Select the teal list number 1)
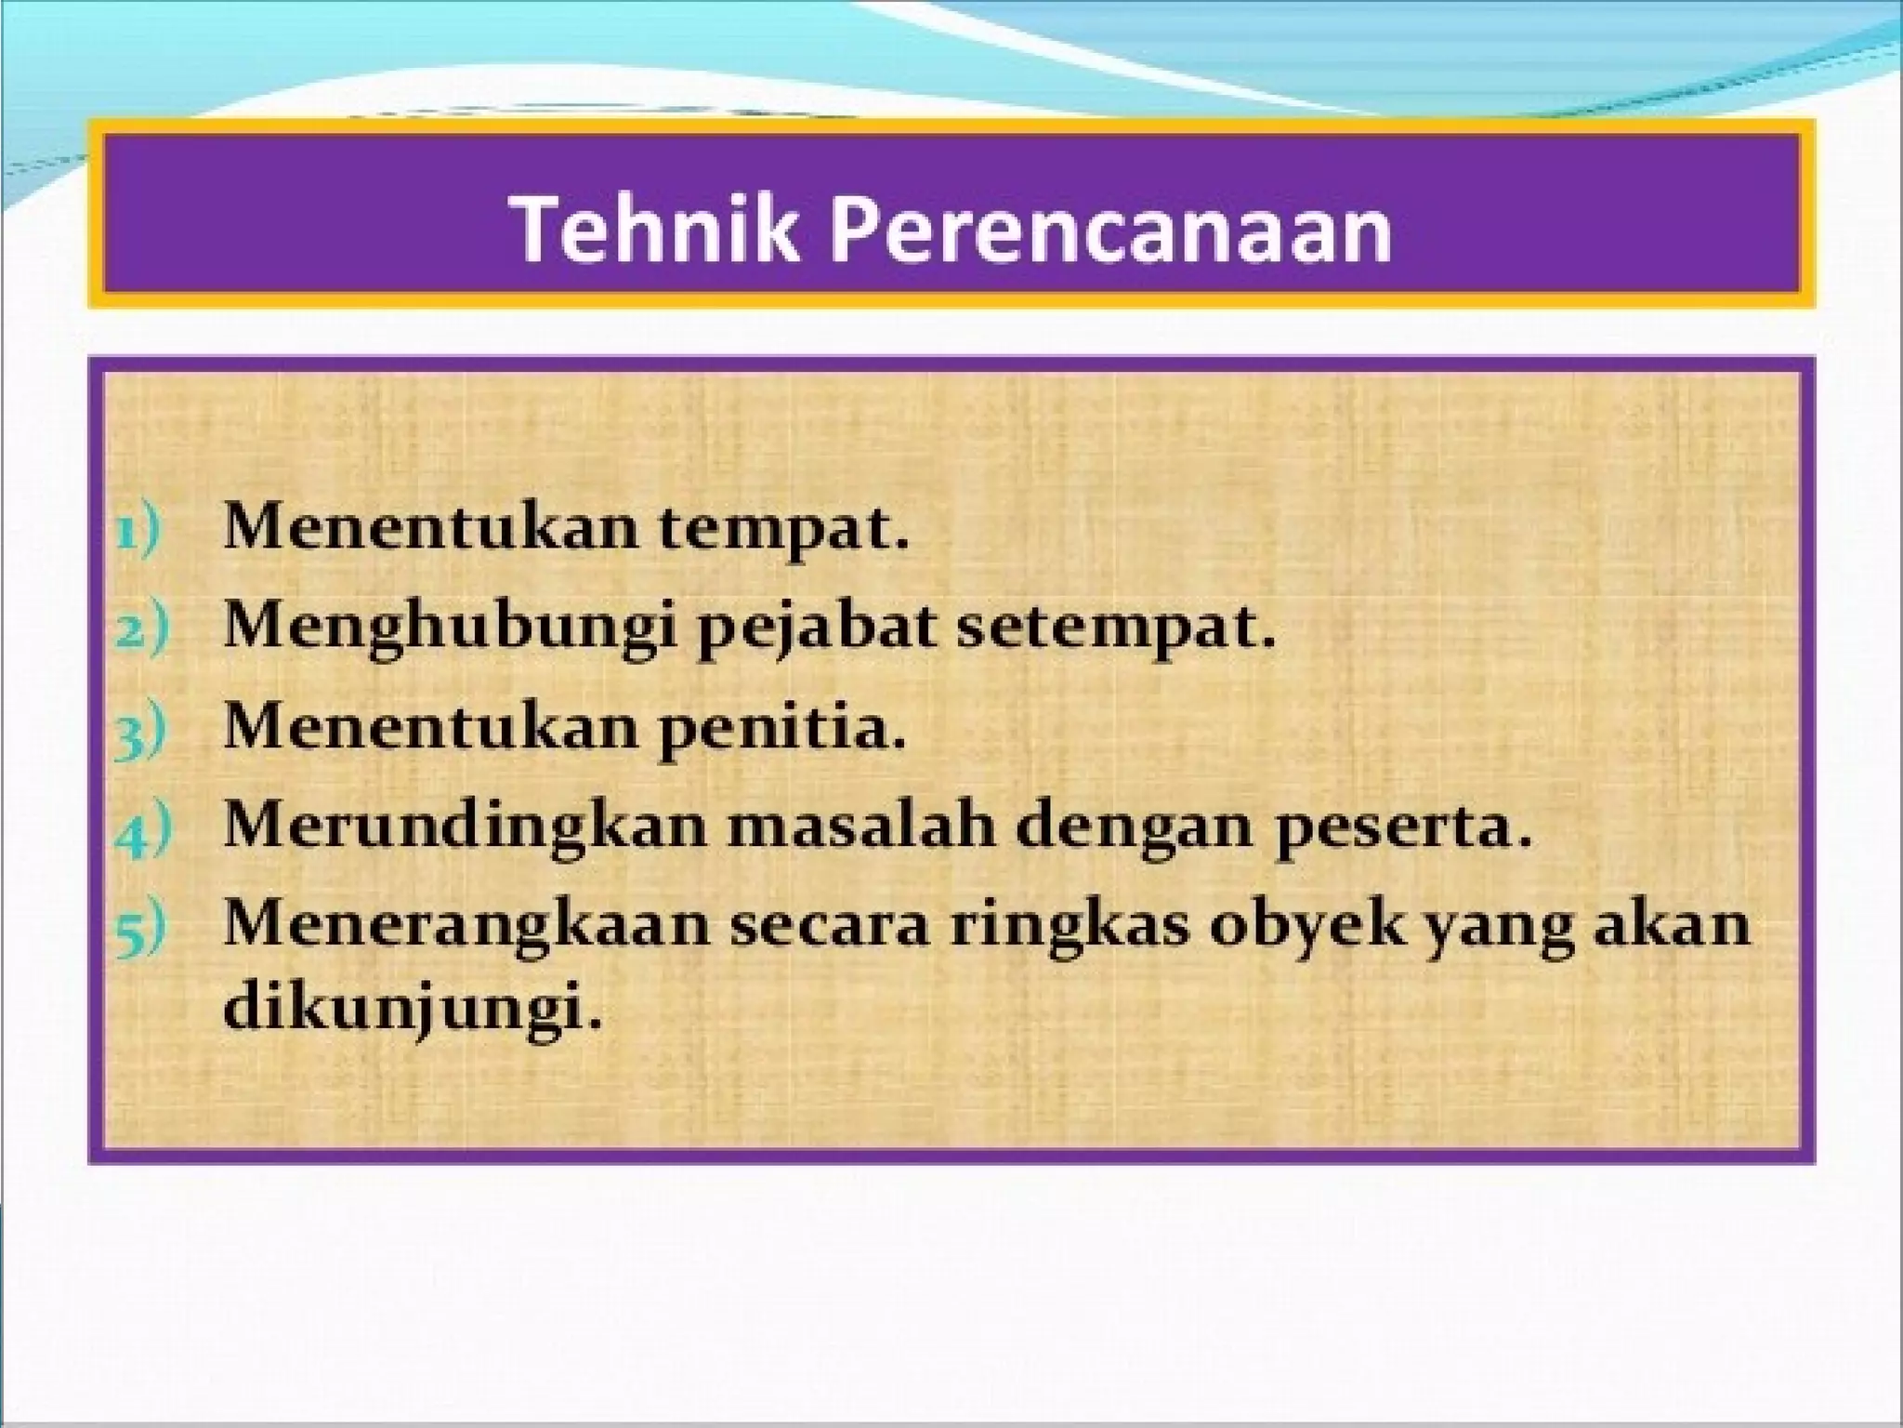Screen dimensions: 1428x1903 click(138, 532)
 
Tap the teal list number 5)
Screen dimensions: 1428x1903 click(141, 929)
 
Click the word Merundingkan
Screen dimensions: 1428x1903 click(465, 826)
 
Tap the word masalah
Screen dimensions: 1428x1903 click(860, 826)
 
